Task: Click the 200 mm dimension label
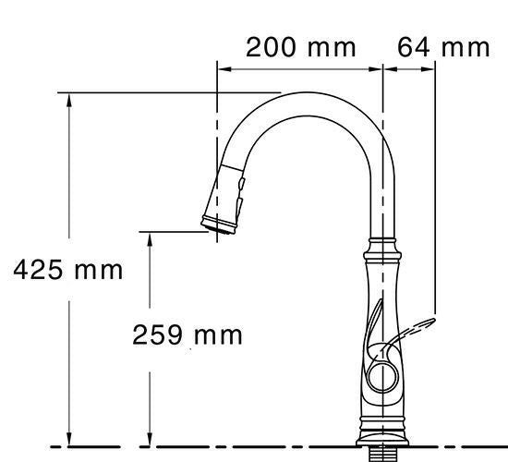[x=300, y=47]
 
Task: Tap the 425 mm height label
[x=67, y=270]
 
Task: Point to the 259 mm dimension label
[x=188, y=334]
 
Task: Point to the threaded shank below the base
[x=382, y=454]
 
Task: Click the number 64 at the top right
[x=414, y=47]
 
